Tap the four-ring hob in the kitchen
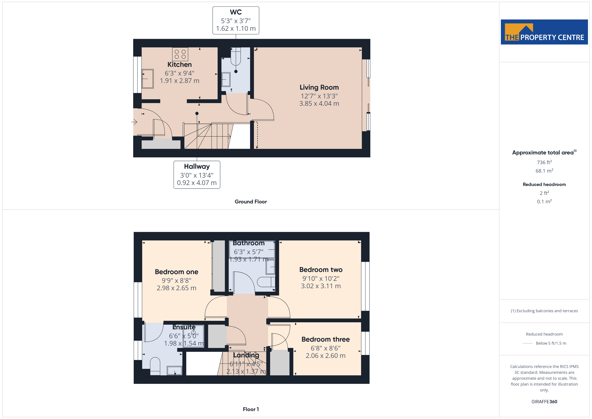tap(180, 54)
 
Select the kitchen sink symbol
tap(148, 79)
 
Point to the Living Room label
tap(319, 87)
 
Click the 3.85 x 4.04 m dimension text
tap(319, 103)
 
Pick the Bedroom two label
tap(321, 270)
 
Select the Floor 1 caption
tap(251, 409)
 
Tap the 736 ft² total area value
tap(544, 162)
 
